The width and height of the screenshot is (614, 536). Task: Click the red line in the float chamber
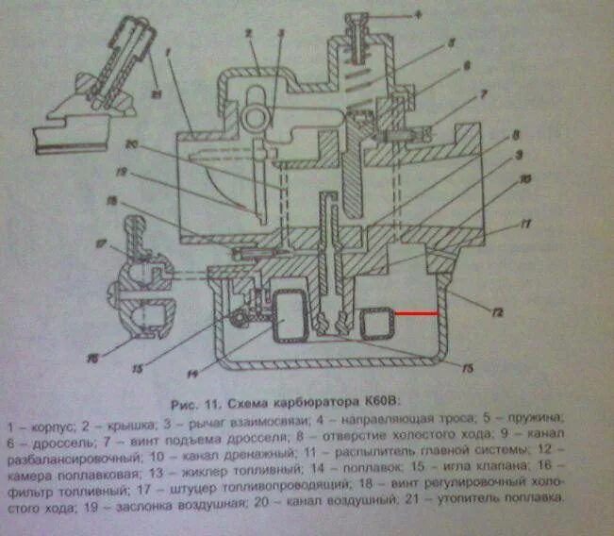(416, 312)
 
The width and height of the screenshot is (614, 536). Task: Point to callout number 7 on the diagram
(482, 95)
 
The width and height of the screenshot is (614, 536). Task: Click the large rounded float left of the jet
(289, 315)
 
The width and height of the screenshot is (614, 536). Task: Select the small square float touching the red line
(375, 324)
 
